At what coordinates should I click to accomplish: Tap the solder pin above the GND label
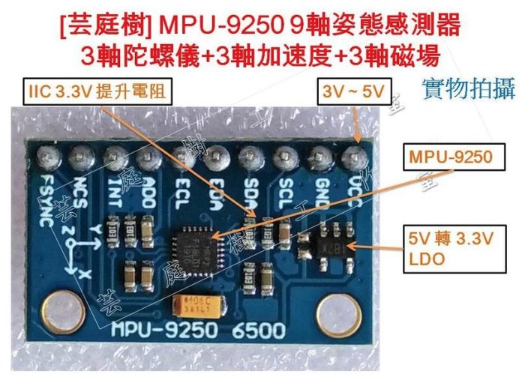click(320, 158)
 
